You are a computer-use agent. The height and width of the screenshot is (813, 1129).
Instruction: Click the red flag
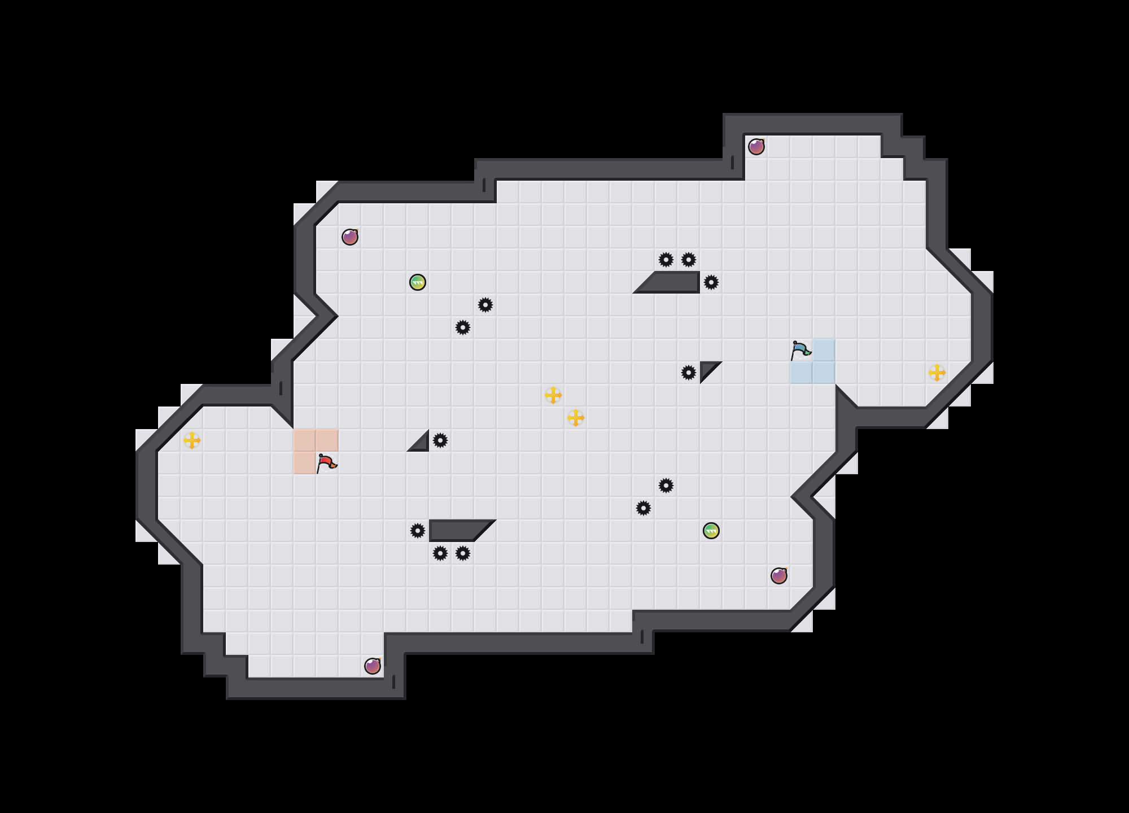(326, 463)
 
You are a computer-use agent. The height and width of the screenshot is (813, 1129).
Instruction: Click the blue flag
(800, 350)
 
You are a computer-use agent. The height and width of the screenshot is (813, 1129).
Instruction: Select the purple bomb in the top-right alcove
(756, 147)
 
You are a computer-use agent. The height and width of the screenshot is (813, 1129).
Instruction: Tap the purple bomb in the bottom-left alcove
(373, 666)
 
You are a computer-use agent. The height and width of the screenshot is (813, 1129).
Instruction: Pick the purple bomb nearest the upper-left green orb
(350, 237)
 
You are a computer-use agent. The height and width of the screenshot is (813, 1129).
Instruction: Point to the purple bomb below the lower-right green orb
(779, 576)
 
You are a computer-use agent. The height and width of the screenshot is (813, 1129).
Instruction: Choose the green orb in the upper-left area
(418, 282)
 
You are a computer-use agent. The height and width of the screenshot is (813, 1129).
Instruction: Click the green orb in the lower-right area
(711, 531)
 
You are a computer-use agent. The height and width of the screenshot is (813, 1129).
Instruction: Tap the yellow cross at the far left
(192, 440)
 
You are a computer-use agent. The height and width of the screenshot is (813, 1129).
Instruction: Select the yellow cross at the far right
(937, 373)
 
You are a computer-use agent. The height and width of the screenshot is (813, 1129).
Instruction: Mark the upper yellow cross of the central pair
(553, 395)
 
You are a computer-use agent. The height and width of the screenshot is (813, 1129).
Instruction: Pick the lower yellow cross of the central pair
(576, 418)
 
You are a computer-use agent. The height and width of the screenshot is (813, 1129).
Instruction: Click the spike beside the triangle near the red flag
(440, 440)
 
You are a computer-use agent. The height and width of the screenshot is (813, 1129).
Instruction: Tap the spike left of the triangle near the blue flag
(689, 373)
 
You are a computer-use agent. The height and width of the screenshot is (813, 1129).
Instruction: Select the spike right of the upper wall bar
(711, 282)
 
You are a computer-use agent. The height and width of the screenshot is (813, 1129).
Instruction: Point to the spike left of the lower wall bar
(418, 531)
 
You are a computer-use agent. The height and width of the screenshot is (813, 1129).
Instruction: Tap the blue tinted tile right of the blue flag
(824, 350)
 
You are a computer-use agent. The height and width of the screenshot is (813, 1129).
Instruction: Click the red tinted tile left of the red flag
(305, 463)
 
